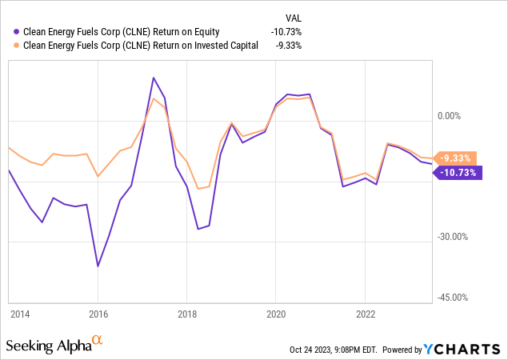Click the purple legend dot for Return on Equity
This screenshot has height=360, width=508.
pyautogui.click(x=18, y=32)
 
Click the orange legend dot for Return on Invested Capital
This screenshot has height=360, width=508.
pyautogui.click(x=18, y=46)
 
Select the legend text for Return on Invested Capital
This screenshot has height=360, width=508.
pyautogui.click(x=141, y=46)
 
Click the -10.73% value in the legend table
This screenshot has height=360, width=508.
pyautogui.click(x=285, y=32)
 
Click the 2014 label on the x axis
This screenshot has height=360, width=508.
pyautogui.click(x=22, y=314)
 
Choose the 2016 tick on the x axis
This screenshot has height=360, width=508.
pyautogui.click(x=98, y=314)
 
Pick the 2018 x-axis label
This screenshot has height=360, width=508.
pyautogui.click(x=186, y=314)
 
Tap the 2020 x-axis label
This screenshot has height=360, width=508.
pyautogui.click(x=275, y=314)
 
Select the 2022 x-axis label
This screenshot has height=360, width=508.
pyautogui.click(x=365, y=314)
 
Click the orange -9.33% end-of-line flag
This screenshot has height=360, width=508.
pyautogui.click(x=456, y=158)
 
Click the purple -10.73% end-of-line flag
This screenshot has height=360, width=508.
pyautogui.click(x=458, y=172)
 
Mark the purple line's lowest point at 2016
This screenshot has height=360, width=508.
pyautogui.click(x=98, y=266)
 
